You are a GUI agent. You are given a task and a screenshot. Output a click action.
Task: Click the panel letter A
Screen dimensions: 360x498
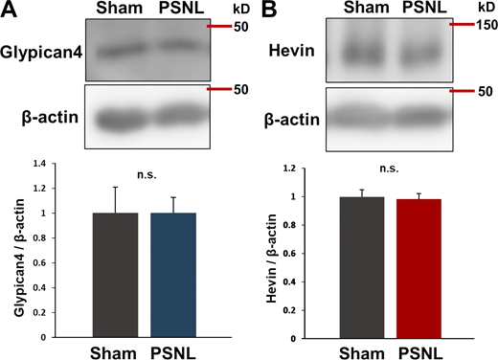click(x=11, y=13)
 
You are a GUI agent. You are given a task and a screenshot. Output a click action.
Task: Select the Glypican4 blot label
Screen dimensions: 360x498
click(x=42, y=55)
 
